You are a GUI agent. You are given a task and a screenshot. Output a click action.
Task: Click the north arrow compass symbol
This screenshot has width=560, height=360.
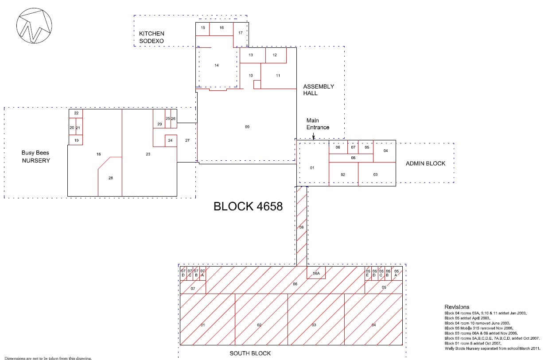[x=34, y=26]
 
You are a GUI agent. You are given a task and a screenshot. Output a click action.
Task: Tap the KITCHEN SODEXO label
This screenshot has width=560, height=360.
[x=152, y=37]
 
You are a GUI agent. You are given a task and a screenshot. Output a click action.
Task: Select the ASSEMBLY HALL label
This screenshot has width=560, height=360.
[x=319, y=90]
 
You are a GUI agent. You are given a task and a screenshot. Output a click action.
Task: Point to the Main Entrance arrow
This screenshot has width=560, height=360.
[x=314, y=135]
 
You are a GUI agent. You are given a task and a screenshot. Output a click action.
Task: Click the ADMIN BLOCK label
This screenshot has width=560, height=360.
[x=425, y=163]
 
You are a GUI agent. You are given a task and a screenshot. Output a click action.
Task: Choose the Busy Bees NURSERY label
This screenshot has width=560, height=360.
[x=35, y=157]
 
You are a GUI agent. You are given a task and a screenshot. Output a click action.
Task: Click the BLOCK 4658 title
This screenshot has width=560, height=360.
[x=248, y=206]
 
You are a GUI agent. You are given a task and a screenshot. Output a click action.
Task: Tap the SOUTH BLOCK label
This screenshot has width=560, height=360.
[x=250, y=353]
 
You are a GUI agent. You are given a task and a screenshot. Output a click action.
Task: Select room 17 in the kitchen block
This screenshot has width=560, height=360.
[x=241, y=35]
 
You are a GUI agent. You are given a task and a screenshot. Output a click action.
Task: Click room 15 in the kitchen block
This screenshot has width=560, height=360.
[x=202, y=29]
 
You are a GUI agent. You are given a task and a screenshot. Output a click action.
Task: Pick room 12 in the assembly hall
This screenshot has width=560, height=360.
[x=276, y=55]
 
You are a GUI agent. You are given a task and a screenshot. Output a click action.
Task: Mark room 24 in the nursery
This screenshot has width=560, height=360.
[x=171, y=141]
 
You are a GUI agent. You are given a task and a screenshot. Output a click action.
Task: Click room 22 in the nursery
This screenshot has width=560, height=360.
[x=76, y=113]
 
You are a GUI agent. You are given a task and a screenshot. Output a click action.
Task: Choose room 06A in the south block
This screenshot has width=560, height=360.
[x=316, y=273]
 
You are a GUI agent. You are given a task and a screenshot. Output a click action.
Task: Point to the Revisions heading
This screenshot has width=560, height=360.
[x=457, y=307]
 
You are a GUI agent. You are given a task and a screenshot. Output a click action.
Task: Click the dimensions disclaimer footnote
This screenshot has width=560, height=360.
[x=48, y=358]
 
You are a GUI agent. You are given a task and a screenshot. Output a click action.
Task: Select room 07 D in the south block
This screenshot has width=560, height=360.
[x=183, y=273]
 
